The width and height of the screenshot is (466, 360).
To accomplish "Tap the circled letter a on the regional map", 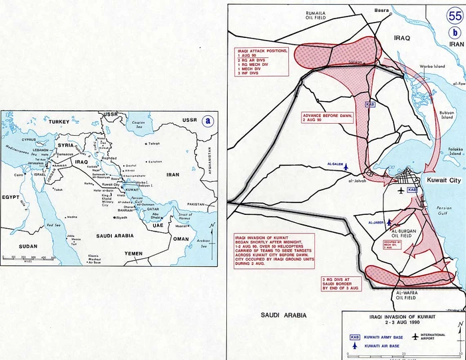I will (x=209, y=120).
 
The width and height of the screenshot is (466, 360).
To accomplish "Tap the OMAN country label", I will (x=181, y=239).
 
